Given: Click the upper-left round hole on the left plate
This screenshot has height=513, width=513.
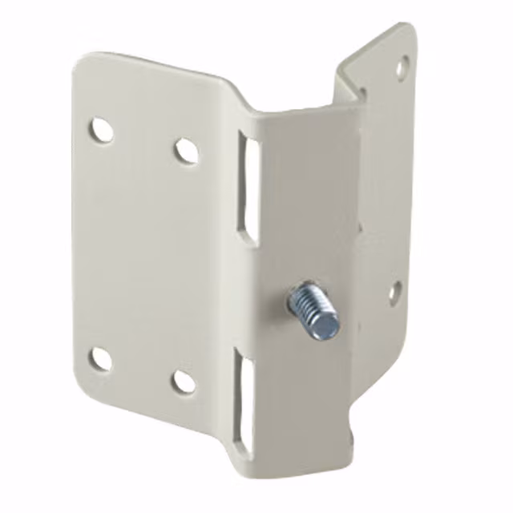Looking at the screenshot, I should [x=100, y=129].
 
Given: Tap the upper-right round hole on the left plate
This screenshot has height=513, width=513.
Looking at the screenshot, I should [x=186, y=150].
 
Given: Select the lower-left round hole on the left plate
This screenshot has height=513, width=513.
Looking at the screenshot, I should [x=99, y=359].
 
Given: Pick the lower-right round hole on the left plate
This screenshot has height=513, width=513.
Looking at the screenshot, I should [x=184, y=381].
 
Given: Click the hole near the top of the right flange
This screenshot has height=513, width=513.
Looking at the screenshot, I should [x=401, y=67].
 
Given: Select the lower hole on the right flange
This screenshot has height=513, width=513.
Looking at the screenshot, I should [x=394, y=291].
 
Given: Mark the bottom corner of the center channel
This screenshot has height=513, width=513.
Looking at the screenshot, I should [x=265, y=469].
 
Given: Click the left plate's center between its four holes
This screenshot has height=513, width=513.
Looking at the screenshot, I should [x=143, y=255].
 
